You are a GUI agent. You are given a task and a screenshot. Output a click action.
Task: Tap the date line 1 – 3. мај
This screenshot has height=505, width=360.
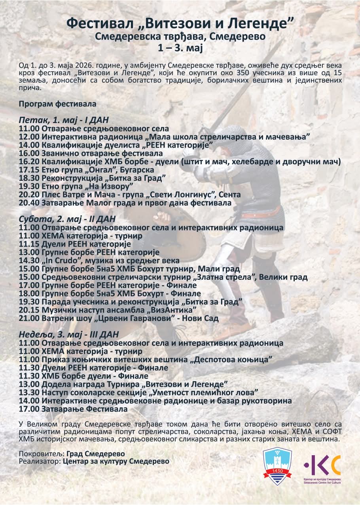coord(180,48)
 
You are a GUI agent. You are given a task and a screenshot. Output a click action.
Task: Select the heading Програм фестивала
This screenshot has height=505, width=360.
coord(57,104)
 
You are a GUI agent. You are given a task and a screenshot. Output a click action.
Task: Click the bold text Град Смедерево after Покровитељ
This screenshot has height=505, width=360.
coord(96,454)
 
